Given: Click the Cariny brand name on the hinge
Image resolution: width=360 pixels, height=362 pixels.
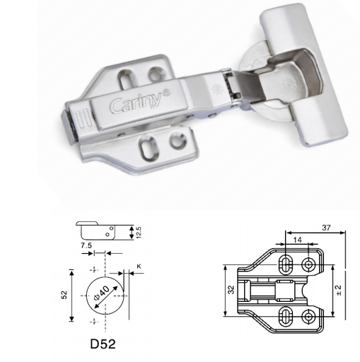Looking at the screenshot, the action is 136,103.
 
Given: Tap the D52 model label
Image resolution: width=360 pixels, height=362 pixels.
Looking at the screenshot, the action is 103,344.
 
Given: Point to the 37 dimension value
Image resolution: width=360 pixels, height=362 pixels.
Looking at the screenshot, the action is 326,228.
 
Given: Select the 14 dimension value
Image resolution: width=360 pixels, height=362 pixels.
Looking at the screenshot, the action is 297,240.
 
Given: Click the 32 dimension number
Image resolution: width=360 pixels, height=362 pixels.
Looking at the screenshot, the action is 231,290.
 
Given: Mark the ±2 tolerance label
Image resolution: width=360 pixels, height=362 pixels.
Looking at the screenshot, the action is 339,291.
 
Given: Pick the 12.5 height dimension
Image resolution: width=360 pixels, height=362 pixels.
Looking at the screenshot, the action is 139,233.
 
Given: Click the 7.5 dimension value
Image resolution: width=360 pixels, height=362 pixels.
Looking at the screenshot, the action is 86,245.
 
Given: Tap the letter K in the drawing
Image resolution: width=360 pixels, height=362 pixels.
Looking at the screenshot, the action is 139,267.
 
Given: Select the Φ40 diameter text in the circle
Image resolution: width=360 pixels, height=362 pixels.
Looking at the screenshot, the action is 102,293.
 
